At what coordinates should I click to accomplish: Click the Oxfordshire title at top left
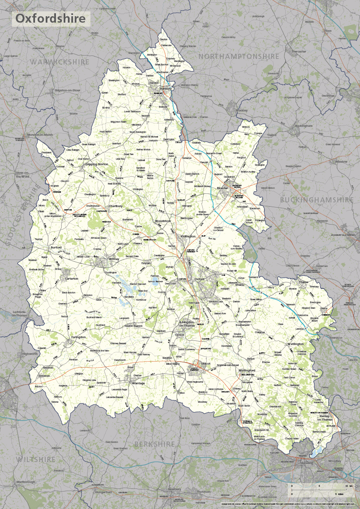51,19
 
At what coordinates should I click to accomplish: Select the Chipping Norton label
96,164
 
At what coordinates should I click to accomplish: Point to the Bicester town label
223,188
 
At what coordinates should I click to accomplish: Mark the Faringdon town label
78,337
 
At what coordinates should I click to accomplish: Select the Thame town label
304,282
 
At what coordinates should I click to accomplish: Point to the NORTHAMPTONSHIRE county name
238,56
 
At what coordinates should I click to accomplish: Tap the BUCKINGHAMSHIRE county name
316,200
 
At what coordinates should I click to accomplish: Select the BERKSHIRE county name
155,444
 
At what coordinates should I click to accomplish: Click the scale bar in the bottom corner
320,489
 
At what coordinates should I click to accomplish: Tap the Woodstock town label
162,221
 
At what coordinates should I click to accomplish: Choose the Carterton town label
71,278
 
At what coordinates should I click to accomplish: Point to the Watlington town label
296,344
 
